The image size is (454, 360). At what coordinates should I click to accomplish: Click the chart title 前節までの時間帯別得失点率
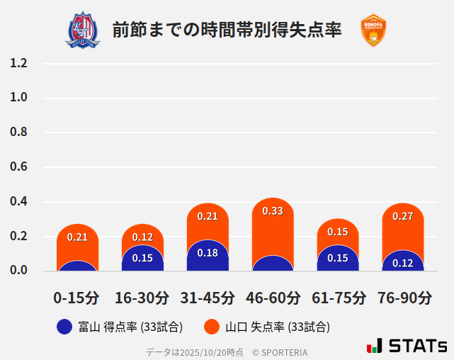pyautogui.click(x=227, y=30)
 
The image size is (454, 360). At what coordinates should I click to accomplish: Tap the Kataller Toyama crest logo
pyautogui.click(x=83, y=30)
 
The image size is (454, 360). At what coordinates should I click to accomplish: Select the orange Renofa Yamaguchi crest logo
pyautogui.click(x=373, y=30)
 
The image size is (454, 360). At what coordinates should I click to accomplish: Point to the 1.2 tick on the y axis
pyautogui.click(x=18, y=63)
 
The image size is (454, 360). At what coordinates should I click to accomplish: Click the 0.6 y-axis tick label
pyautogui.click(x=18, y=167)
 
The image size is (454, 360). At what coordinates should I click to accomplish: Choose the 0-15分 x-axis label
pyautogui.click(x=76, y=298)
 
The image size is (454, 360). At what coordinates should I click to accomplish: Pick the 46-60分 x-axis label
pyautogui.click(x=272, y=298)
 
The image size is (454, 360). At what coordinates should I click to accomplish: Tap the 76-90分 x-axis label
pyautogui.click(x=404, y=298)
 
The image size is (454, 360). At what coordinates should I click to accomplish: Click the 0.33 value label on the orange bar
pyautogui.click(x=273, y=211)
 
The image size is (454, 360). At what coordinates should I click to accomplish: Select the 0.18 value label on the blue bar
pyautogui.click(x=208, y=253)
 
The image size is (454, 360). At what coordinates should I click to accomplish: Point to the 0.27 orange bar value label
pyautogui.click(x=403, y=216)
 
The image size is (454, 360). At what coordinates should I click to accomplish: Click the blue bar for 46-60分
pyautogui.click(x=273, y=264)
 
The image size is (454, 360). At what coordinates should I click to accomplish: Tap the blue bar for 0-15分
pyautogui.click(x=77, y=266)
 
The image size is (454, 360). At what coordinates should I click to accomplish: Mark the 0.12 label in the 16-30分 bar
pyautogui.click(x=142, y=237)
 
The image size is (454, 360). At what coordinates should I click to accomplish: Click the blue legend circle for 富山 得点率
pyautogui.click(x=64, y=327)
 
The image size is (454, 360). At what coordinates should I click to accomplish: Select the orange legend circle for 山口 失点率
pyautogui.click(x=211, y=327)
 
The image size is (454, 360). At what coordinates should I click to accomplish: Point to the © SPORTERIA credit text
pyautogui.click(x=280, y=352)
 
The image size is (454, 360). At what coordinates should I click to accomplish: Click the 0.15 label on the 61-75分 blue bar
pyautogui.click(x=338, y=258)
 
